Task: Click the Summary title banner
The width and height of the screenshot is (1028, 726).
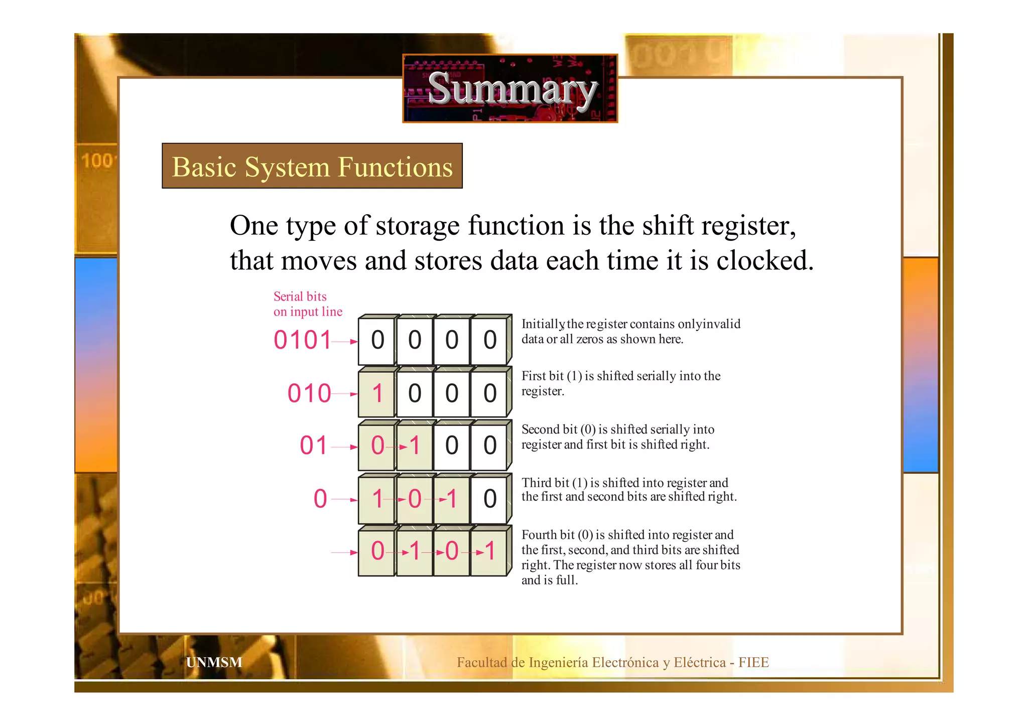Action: (510, 88)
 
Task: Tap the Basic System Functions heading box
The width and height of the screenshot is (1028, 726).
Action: (312, 166)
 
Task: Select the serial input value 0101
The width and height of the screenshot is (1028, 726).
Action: (302, 340)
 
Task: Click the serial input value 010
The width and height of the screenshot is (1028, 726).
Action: (309, 393)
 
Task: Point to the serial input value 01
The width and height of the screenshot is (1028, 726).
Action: (314, 446)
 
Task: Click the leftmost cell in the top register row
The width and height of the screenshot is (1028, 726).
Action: (377, 340)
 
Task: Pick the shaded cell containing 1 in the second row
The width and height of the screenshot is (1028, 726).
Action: (377, 393)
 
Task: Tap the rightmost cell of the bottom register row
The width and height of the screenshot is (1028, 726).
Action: (489, 551)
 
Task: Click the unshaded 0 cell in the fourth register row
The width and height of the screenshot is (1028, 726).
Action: (489, 499)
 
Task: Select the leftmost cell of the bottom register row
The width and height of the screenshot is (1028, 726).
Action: (377, 551)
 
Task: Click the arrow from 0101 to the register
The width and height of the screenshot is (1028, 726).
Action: (345, 342)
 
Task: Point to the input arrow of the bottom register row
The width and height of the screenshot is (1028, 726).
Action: (344, 552)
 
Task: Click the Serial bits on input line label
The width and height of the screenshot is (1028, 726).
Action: (307, 304)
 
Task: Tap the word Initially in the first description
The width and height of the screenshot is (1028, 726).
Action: (543, 324)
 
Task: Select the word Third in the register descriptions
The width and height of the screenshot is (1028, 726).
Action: (537, 483)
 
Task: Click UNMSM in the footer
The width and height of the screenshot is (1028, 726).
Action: (214, 662)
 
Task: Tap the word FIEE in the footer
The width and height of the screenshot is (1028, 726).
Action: (753, 662)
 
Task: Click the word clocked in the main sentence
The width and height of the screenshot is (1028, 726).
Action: (764, 261)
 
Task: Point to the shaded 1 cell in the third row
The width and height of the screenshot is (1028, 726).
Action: (415, 446)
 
